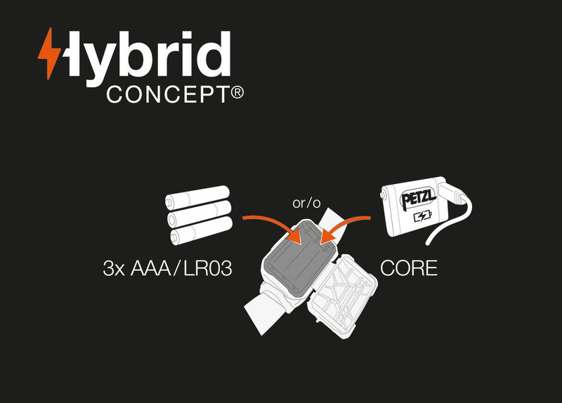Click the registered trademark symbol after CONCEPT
pyautogui.click(x=237, y=91)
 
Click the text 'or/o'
pyautogui.click(x=306, y=204)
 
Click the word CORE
pyautogui.click(x=408, y=268)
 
